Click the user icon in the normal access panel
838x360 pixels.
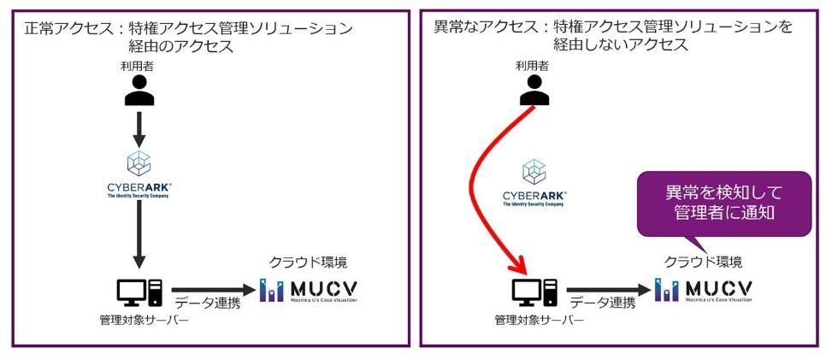[139, 90]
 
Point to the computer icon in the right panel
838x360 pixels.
[535, 293]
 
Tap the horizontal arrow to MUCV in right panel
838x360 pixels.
[607, 291]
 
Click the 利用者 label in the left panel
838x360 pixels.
[139, 65]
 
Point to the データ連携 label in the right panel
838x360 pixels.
[603, 303]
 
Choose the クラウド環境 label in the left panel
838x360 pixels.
[309, 262]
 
